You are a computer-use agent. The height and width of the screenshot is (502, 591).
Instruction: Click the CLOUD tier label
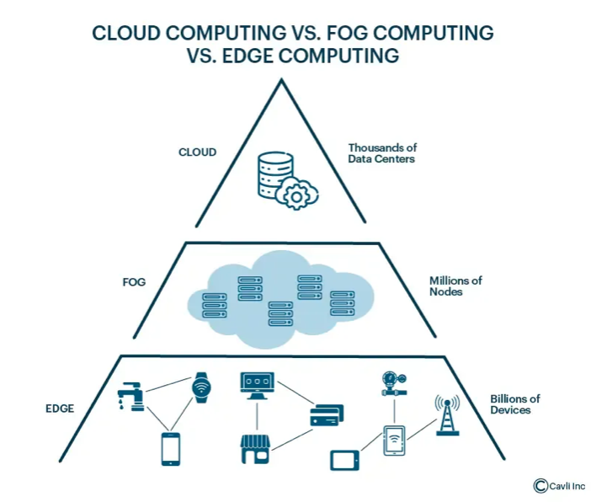click(197, 152)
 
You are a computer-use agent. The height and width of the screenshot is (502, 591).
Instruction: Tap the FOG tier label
click(135, 281)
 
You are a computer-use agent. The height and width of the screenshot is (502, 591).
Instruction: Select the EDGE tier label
click(60, 409)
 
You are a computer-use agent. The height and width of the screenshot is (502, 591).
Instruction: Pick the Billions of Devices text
click(516, 404)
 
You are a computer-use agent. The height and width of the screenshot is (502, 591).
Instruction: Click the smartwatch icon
click(200, 387)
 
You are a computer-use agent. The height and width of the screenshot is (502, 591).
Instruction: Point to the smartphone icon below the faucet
click(171, 448)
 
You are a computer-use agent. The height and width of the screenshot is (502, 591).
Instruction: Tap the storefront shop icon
click(255, 449)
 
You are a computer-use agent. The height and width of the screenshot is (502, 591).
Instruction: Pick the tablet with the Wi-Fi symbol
click(394, 440)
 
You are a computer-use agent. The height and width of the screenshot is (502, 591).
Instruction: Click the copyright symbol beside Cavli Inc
click(540, 485)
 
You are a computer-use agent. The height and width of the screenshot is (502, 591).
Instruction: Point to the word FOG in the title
click(357, 34)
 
